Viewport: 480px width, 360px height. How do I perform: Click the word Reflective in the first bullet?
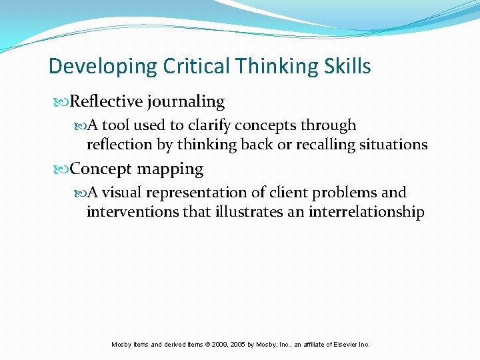pyautogui.click(x=106, y=102)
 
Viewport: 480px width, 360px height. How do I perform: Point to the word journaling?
pyautogui.click(x=186, y=102)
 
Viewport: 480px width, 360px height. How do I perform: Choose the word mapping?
pyautogui.click(x=170, y=170)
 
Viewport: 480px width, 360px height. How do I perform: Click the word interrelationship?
pyautogui.click(x=366, y=212)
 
